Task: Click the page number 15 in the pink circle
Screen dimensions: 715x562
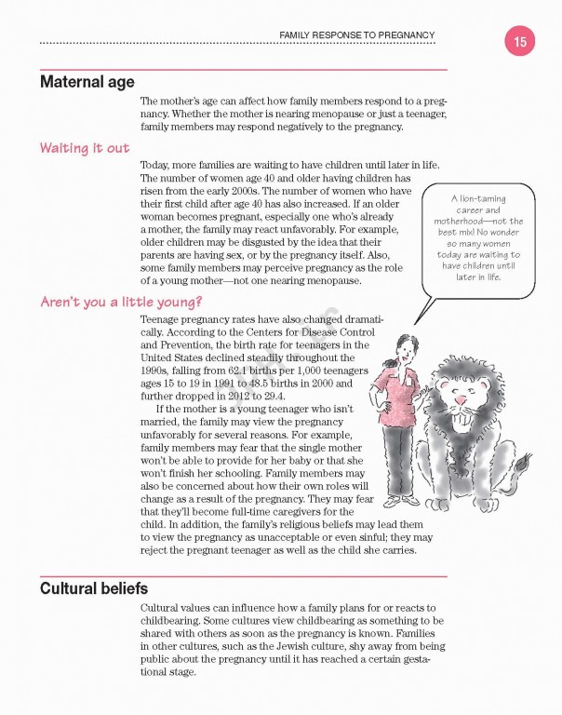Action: pyautogui.click(x=519, y=41)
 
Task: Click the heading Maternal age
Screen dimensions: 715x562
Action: pyautogui.click(x=87, y=82)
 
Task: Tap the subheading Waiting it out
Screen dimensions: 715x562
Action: pyautogui.click(x=84, y=148)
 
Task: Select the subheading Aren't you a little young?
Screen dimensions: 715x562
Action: pyautogui.click(x=121, y=303)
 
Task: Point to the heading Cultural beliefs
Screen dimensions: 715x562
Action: pyautogui.click(x=93, y=589)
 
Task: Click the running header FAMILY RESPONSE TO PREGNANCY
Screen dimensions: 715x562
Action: pyautogui.click(x=357, y=36)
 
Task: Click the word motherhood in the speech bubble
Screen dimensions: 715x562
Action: pyautogui.click(x=461, y=221)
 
